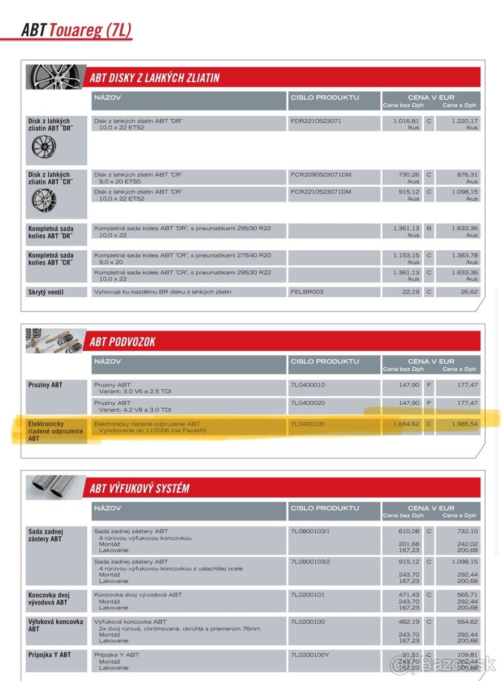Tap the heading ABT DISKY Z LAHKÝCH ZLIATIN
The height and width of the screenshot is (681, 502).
pyautogui.click(x=154, y=78)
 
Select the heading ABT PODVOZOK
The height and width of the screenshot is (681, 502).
pyautogui.click(x=123, y=342)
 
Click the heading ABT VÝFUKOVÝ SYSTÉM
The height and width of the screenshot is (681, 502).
pyautogui.click(x=140, y=488)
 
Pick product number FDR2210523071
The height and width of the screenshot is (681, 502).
pyautogui.click(x=316, y=121)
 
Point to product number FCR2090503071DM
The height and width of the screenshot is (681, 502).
pyautogui.click(x=321, y=175)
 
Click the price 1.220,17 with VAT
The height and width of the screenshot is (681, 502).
pyautogui.click(x=465, y=121)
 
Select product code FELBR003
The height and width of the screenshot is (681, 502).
pyautogui.click(x=307, y=292)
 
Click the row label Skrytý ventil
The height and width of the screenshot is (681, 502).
pyautogui.click(x=46, y=292)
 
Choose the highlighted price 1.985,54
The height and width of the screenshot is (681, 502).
pyautogui.click(x=465, y=423)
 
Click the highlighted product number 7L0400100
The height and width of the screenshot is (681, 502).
pyautogui.click(x=308, y=423)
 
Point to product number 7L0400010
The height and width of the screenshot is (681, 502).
pyautogui.click(x=308, y=385)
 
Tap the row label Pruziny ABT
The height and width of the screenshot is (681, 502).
pyautogui.click(x=45, y=385)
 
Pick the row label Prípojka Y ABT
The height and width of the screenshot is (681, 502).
pyautogui.click(x=49, y=655)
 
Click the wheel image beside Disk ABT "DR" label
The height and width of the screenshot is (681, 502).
pyautogui.click(x=44, y=146)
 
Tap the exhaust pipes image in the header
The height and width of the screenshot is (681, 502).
pyautogui.click(x=56, y=487)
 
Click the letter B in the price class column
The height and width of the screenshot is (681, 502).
pyautogui.click(x=429, y=228)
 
